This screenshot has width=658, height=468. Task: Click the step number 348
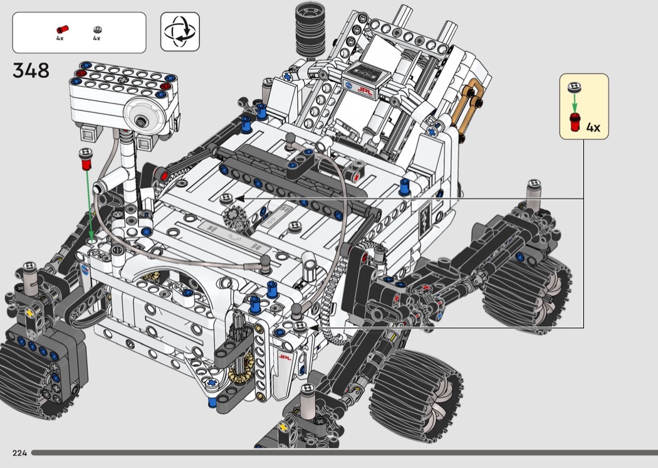[31, 71]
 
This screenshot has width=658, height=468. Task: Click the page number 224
[19, 453]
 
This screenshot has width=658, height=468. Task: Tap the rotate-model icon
[180, 31]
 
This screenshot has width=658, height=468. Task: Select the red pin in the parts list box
[63, 29]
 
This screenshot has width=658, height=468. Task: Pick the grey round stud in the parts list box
[97, 29]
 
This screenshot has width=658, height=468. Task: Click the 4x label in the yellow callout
[593, 127]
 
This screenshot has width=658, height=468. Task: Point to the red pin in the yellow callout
[575, 122]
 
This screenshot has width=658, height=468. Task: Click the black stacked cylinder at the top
[311, 29]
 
